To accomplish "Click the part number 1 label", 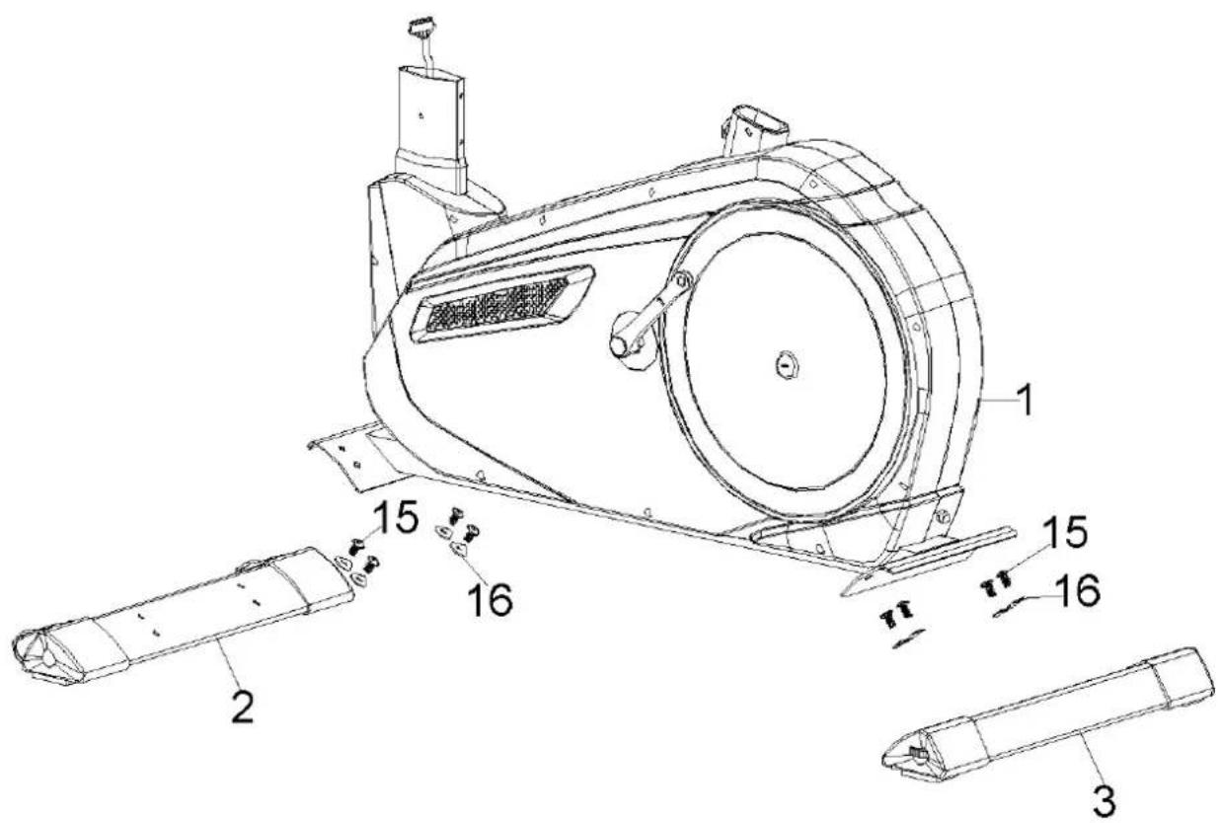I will pos(1026,401).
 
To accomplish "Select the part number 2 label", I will pos(242,707).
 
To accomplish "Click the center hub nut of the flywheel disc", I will pos(787,362).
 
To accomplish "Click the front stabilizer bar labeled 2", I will pos(197,613).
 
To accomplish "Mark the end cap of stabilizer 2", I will pos(39,652).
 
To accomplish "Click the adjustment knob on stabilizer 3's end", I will pos(916,754).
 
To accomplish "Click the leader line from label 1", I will pos(996,399).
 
